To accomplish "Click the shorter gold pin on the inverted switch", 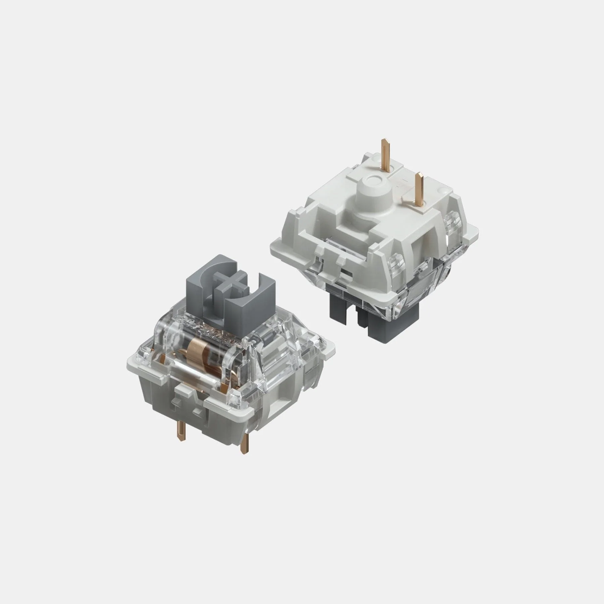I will [418, 191].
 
